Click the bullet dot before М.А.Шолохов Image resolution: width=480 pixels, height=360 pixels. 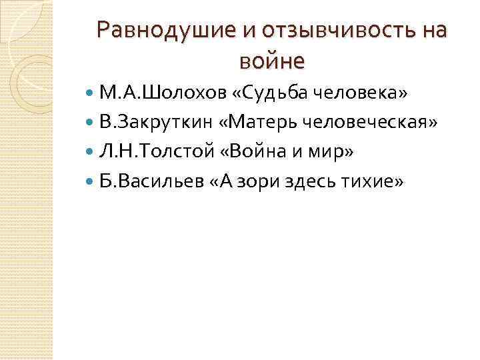click(x=91, y=92)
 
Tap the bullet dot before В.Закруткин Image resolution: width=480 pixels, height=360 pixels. click(x=91, y=123)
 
